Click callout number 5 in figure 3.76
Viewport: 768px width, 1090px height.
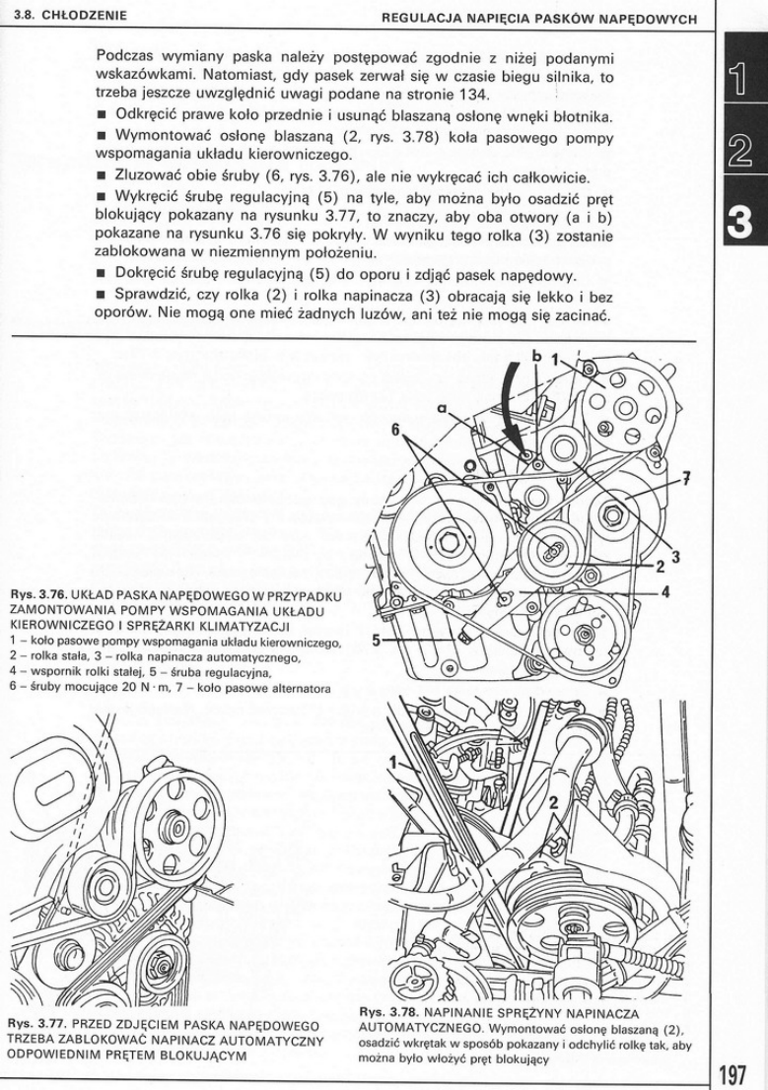click(x=377, y=640)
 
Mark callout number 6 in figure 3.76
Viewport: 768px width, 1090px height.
click(x=396, y=430)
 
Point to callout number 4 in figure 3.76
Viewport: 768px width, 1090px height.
click(x=665, y=592)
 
